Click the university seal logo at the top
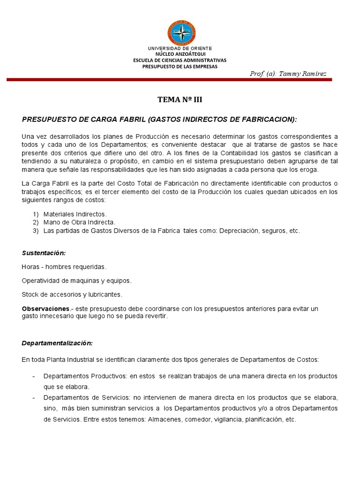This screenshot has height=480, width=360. [x=181, y=33]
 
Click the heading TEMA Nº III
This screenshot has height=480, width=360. [x=180, y=99]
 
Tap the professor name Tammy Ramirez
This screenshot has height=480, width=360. [x=288, y=74]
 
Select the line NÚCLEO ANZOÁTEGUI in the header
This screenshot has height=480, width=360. [x=180, y=54]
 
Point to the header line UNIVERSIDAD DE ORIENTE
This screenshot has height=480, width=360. [x=180, y=48]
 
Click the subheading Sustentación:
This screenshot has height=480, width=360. [x=44, y=253]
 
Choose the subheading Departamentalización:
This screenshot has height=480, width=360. [x=57, y=343]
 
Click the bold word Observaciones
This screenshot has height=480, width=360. [x=45, y=309]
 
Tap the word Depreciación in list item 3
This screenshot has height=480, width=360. [x=238, y=231]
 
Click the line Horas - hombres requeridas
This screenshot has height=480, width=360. [x=64, y=267]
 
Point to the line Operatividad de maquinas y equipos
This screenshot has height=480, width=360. [x=76, y=281]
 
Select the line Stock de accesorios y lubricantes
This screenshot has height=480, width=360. [x=72, y=294]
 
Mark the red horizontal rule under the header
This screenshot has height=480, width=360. [x=169, y=80]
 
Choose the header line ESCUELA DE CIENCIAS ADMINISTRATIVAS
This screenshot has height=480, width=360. [x=180, y=60]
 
